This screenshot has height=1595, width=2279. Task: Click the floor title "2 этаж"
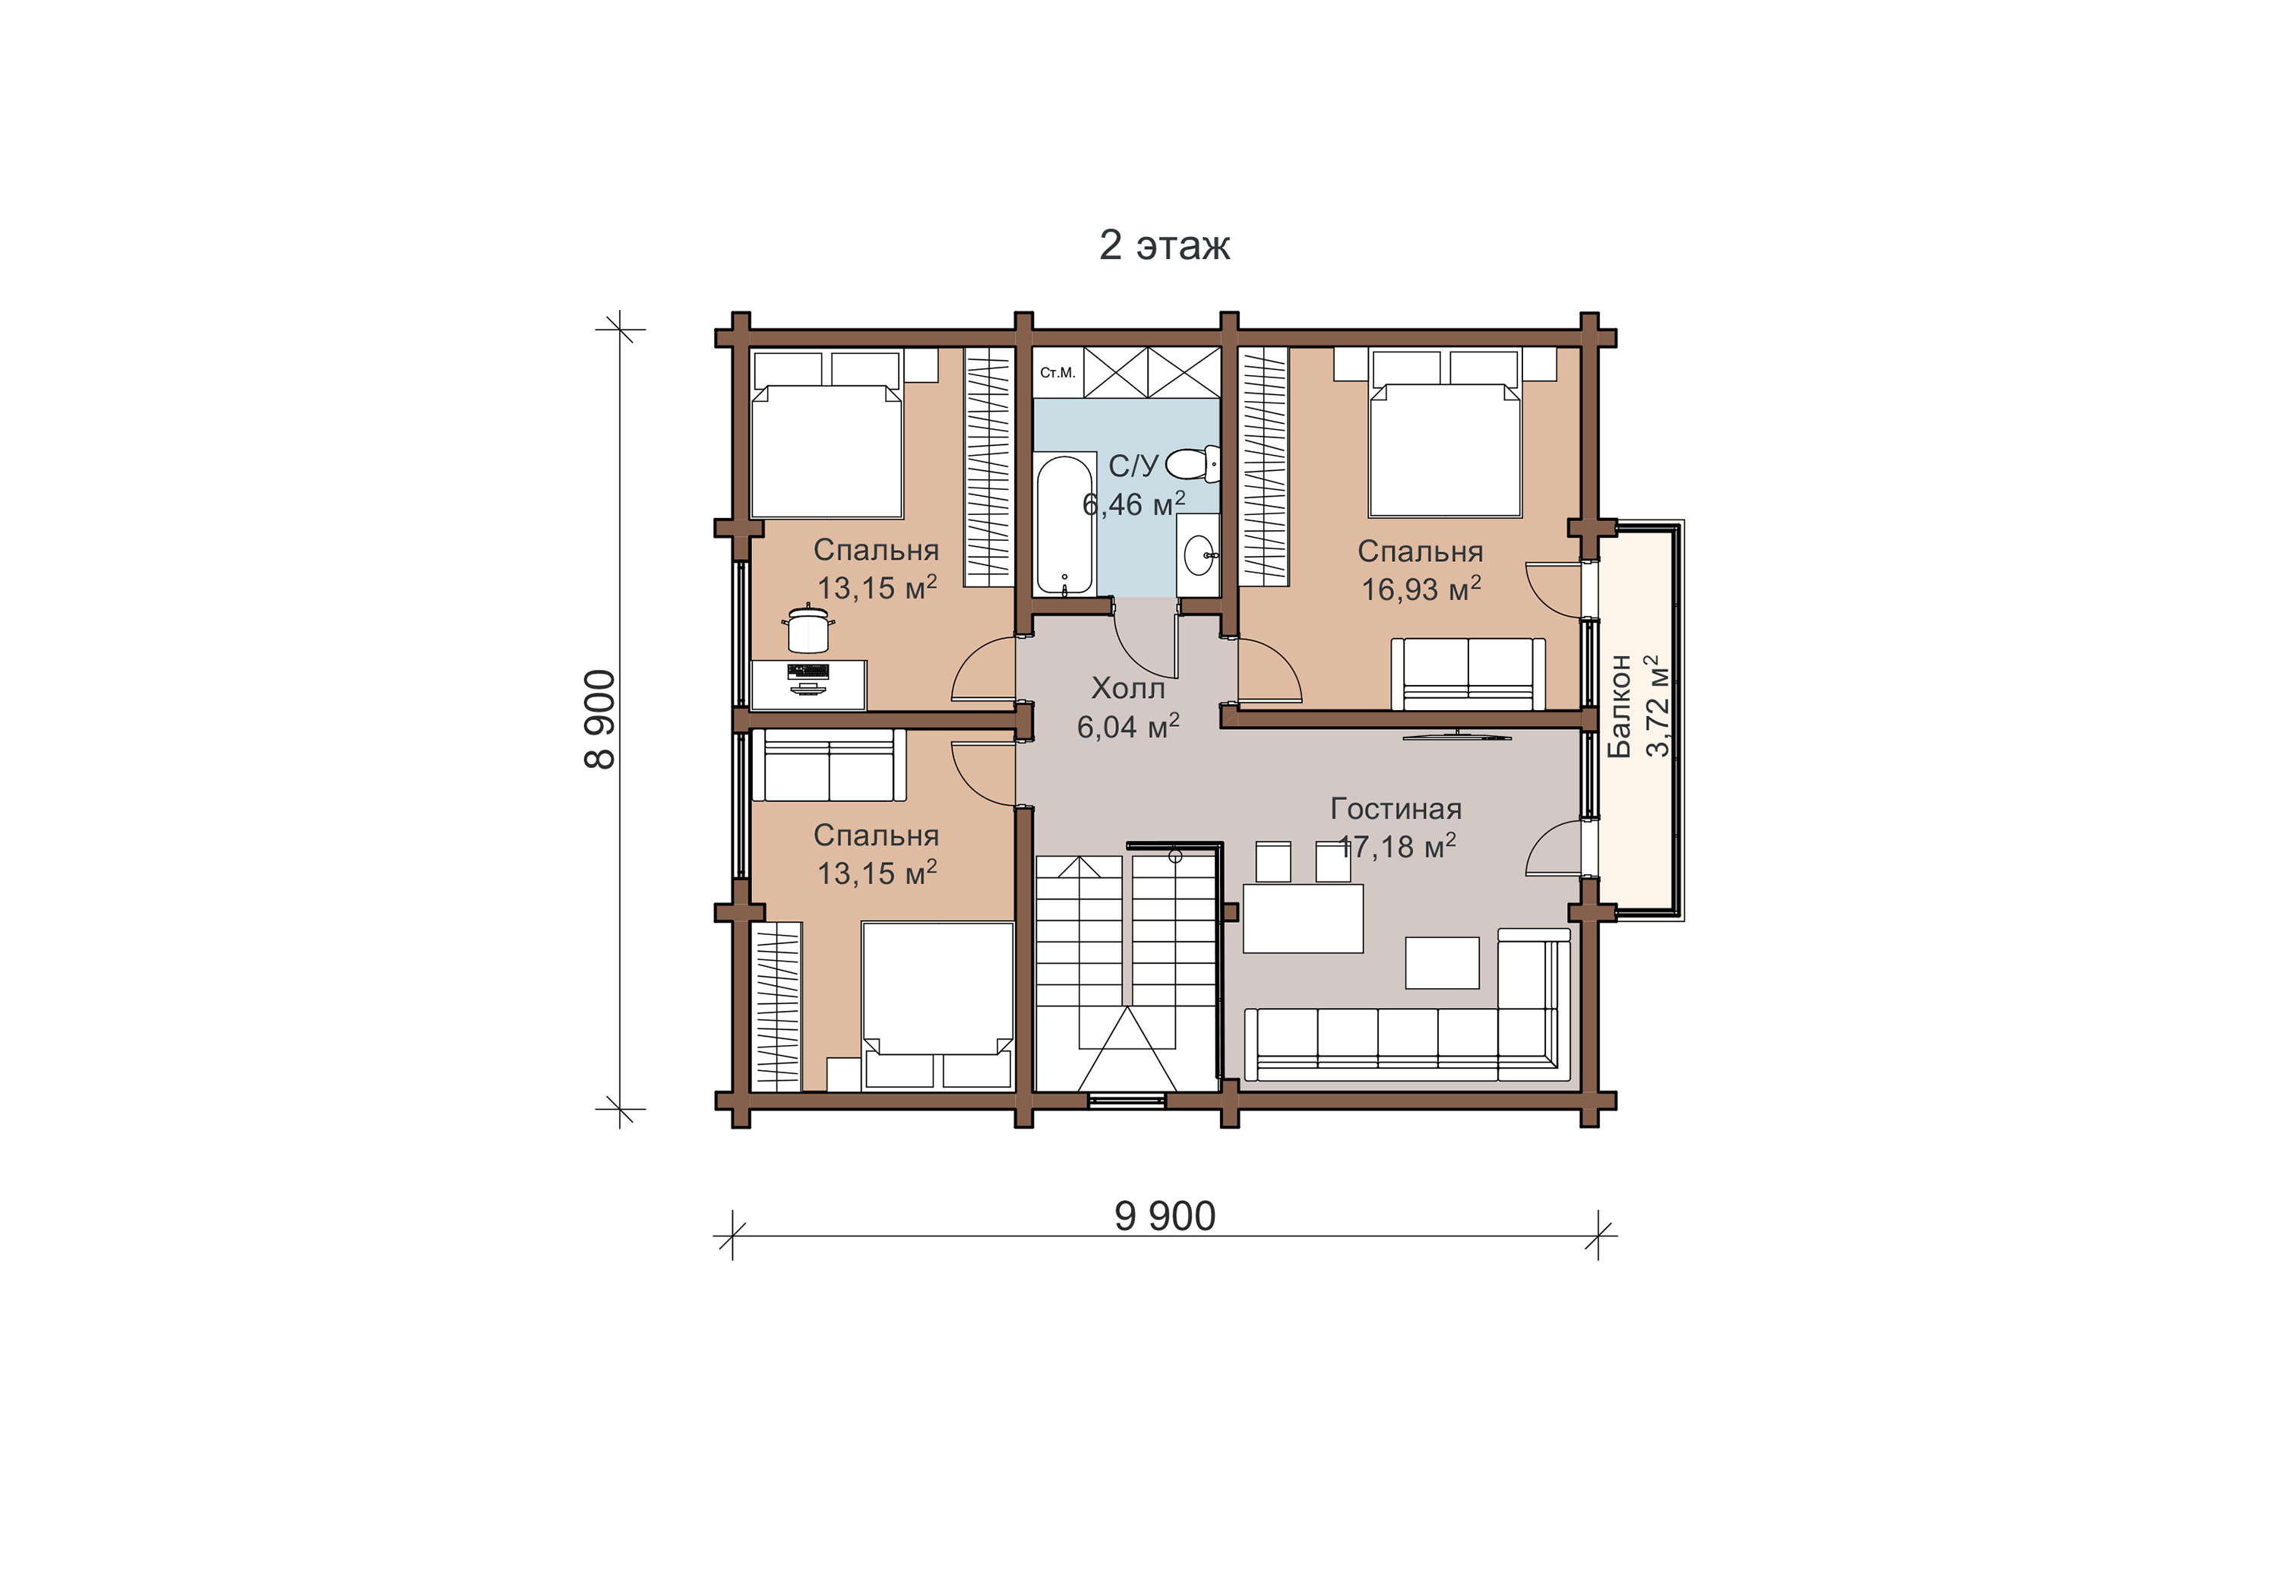tap(1165, 245)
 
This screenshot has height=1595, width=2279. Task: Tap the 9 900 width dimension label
tap(1165, 1216)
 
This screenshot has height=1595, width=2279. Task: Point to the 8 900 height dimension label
tap(601, 719)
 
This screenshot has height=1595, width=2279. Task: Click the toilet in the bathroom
tap(1192, 463)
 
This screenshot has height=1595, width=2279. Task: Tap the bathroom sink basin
tap(1199, 554)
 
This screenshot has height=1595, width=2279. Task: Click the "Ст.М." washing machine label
tap(1058, 373)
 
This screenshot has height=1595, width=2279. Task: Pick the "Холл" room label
tap(1127, 688)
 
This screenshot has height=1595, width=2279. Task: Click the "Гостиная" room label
tap(1396, 809)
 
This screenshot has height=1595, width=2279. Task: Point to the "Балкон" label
tap(1619, 706)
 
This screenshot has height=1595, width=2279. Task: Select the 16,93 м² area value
tap(1421, 589)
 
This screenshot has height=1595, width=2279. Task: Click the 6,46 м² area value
tap(1133, 504)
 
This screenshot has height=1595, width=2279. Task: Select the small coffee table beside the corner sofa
tap(1443, 963)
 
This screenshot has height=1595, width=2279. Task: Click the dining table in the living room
tap(1304, 919)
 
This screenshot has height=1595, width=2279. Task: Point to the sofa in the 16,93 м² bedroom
tap(1468, 675)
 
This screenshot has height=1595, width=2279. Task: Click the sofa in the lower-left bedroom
tap(829, 766)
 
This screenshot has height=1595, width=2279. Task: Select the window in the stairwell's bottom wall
tap(1127, 1099)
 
